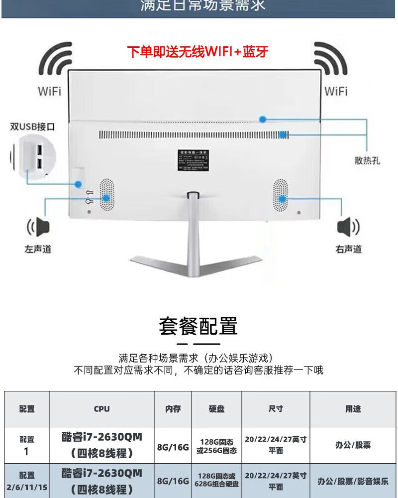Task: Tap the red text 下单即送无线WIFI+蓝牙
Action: click(x=198, y=52)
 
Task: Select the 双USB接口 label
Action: click(x=33, y=126)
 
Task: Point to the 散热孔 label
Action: click(x=367, y=160)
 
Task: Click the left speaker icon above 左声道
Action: click(x=39, y=228)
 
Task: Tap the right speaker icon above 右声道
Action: click(x=348, y=228)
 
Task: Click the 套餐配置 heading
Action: click(x=198, y=326)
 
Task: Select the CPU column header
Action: click(x=101, y=409)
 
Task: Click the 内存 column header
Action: click(x=173, y=409)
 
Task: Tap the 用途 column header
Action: click(x=353, y=409)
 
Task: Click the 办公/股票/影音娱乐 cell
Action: click(x=353, y=482)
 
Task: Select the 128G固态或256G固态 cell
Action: click(x=216, y=446)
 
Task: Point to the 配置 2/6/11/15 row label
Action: click(x=27, y=481)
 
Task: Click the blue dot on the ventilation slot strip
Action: click(x=283, y=134)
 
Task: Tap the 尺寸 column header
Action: click(x=276, y=409)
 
